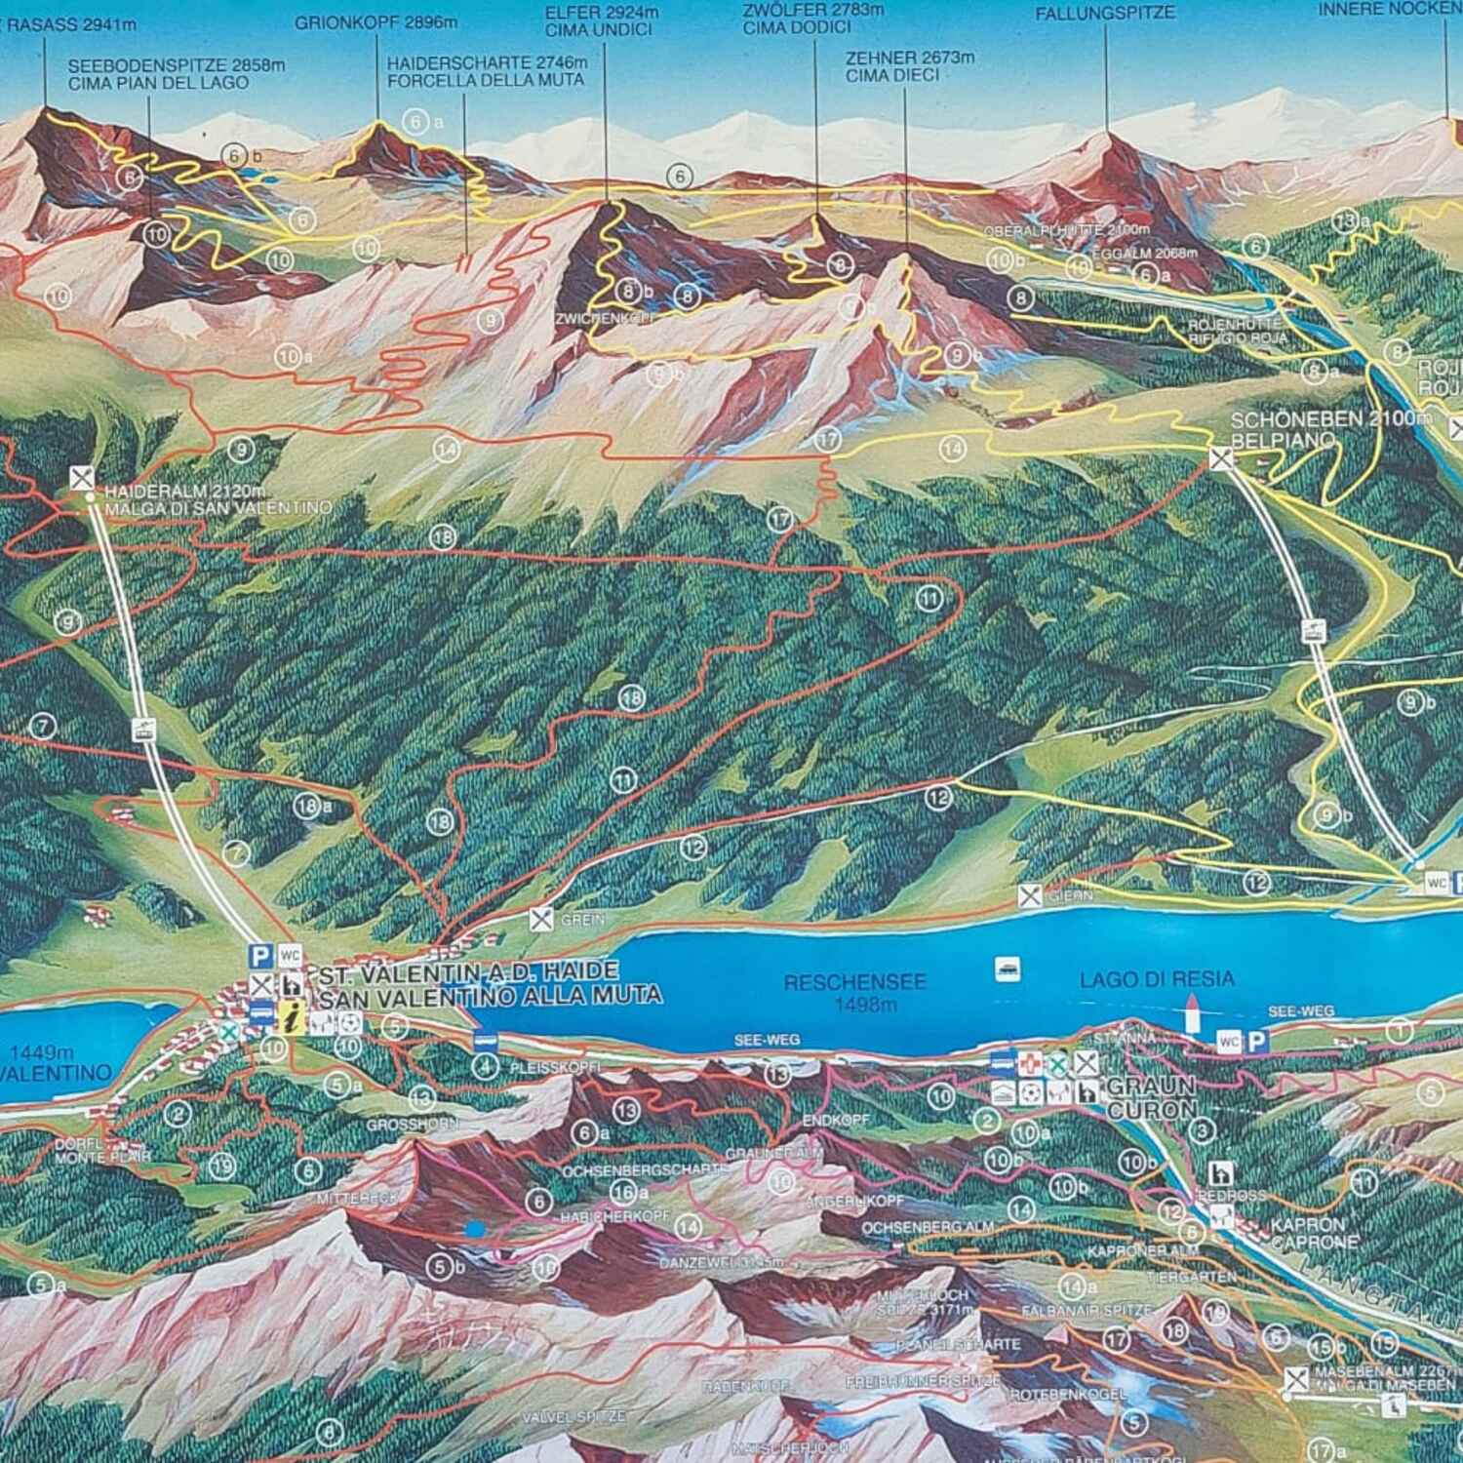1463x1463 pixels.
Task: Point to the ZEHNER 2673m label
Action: coord(910,58)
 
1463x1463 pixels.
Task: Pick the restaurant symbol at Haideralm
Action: coord(83,478)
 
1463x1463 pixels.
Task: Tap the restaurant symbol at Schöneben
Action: coord(1221,456)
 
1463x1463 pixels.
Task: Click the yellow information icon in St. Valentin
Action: coord(290,1020)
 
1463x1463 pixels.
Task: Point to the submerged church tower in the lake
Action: coord(1190,1014)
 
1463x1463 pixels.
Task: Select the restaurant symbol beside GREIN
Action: coord(541,918)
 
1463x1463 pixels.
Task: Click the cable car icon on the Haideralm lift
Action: coord(144,728)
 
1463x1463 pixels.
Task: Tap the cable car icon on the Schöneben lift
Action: coord(1314,630)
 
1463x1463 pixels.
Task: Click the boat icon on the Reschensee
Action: coord(1007,969)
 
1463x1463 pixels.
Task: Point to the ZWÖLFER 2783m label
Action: coord(812,11)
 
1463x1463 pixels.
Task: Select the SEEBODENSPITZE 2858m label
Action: coord(177,65)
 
